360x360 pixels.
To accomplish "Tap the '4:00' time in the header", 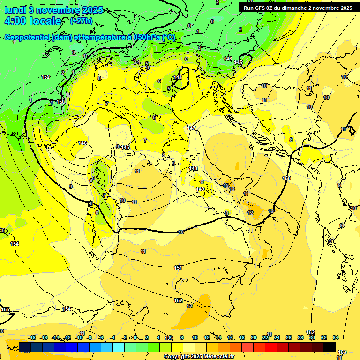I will pyautogui.click(x=15, y=22).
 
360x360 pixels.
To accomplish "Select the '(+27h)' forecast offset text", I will pyautogui.click(x=81, y=21).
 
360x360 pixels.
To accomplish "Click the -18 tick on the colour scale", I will pyautogui.click(x=32, y=337).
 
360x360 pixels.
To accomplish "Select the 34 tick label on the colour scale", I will pyautogui.click(x=336, y=337).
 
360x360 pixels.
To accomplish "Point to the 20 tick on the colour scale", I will pyautogui.click(x=254, y=337).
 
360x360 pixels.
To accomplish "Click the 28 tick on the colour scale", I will pyautogui.click(x=300, y=337).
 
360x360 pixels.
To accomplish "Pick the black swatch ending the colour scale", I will pyautogui.click(x=330, y=347).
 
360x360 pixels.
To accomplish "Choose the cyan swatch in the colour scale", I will pyautogui.click(x=119, y=347).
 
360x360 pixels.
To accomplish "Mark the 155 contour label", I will pyautogui.click(x=5, y=309).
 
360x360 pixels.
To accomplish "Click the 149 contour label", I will pyautogui.click(x=200, y=189).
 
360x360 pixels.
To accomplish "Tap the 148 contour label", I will pyautogui.click(x=194, y=168).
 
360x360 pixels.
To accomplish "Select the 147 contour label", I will pyautogui.click(x=191, y=127).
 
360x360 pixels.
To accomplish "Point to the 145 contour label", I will pyautogui.click(x=178, y=77).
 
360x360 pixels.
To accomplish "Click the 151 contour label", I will pyautogui.click(x=178, y=268).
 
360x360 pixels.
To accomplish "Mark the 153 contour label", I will pyautogui.click(x=342, y=352).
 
